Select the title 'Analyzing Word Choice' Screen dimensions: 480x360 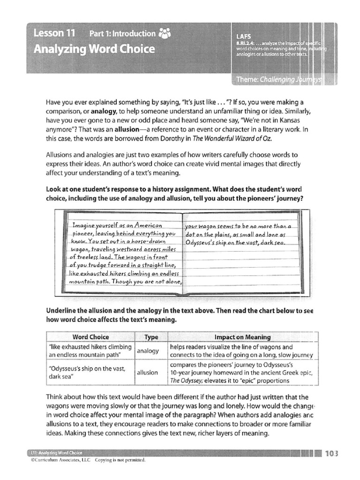click(x=94, y=49)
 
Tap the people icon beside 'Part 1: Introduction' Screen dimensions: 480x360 click(x=165, y=33)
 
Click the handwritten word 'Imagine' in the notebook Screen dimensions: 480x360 click(x=83, y=225)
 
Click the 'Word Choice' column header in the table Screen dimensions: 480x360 click(x=91, y=337)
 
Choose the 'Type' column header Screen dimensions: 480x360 click(x=151, y=337)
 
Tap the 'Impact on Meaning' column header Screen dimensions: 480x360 click(x=242, y=337)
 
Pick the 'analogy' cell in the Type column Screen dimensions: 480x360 click(x=148, y=351)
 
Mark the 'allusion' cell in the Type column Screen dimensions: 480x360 click(x=148, y=372)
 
